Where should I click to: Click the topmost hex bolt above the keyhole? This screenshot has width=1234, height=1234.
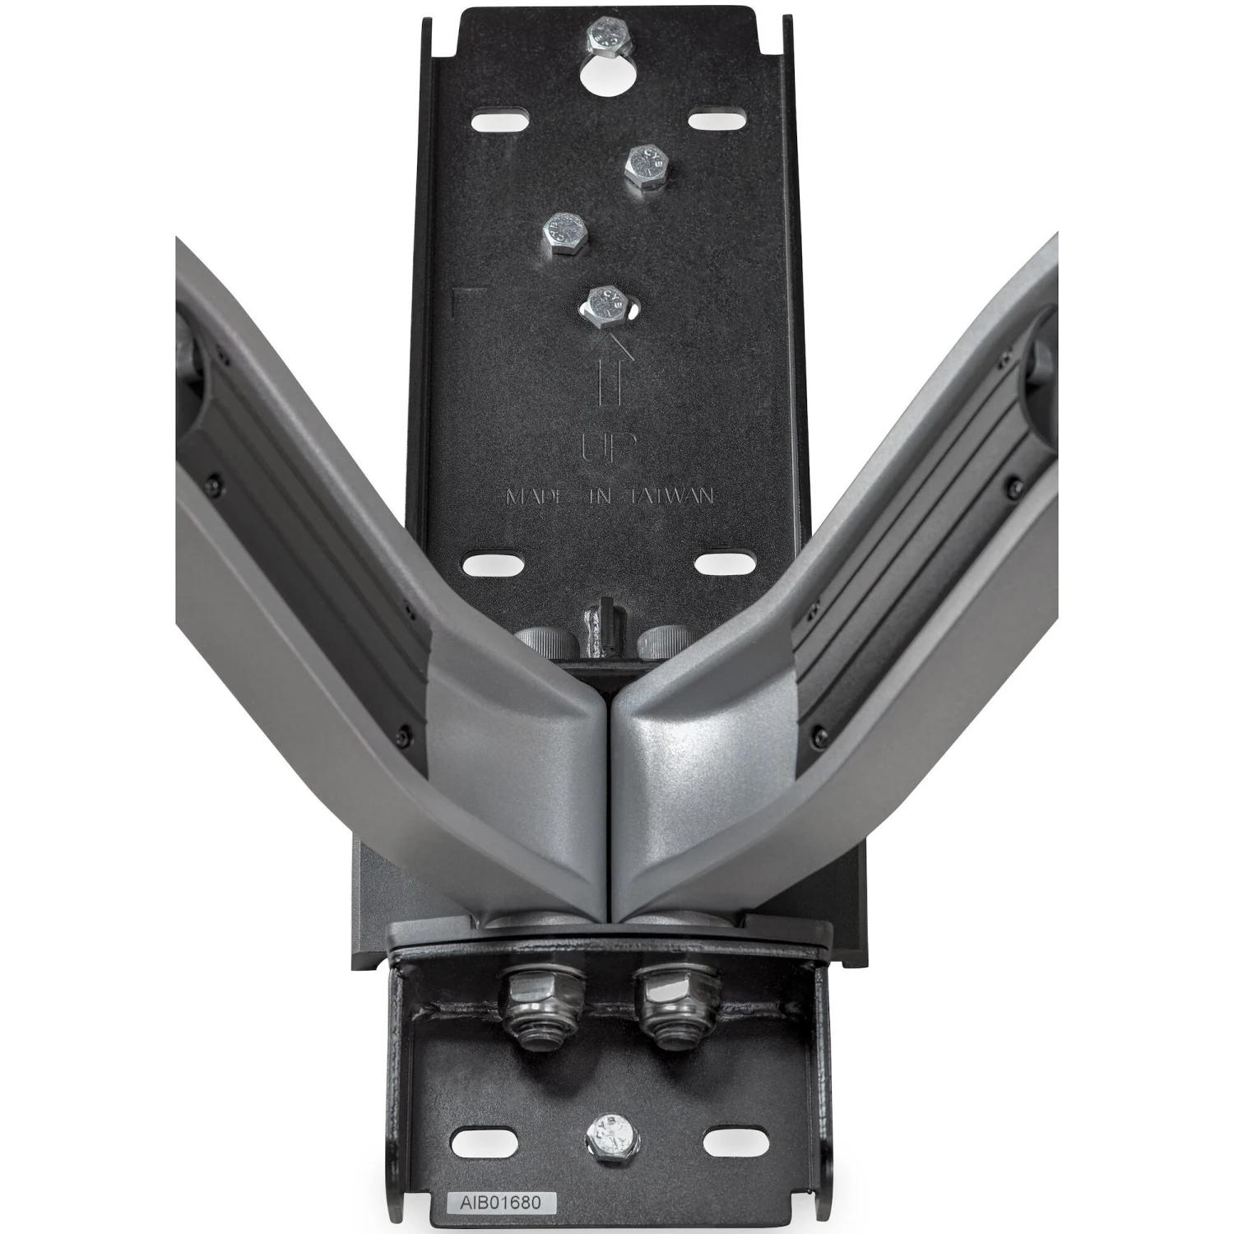pos(607,38)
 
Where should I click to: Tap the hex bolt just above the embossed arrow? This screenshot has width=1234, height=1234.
pos(607,304)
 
